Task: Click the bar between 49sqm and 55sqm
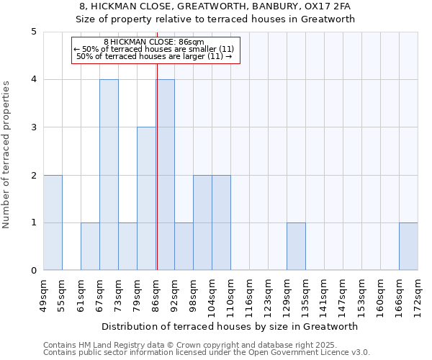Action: click(x=53, y=222)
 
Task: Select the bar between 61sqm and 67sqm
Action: click(x=90, y=246)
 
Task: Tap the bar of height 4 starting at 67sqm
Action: click(x=109, y=175)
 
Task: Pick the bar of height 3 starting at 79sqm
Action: click(x=146, y=199)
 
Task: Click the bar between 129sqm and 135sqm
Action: click(x=296, y=246)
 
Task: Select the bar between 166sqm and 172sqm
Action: click(x=408, y=246)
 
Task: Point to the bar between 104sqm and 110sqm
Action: click(x=221, y=222)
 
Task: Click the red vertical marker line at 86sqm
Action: click(x=156, y=180)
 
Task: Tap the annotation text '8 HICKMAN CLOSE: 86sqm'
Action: click(x=154, y=42)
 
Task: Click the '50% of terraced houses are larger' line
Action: click(x=154, y=56)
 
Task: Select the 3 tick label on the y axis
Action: click(x=34, y=127)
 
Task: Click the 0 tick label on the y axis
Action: click(x=34, y=271)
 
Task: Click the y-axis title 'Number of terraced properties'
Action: click(x=7, y=155)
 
